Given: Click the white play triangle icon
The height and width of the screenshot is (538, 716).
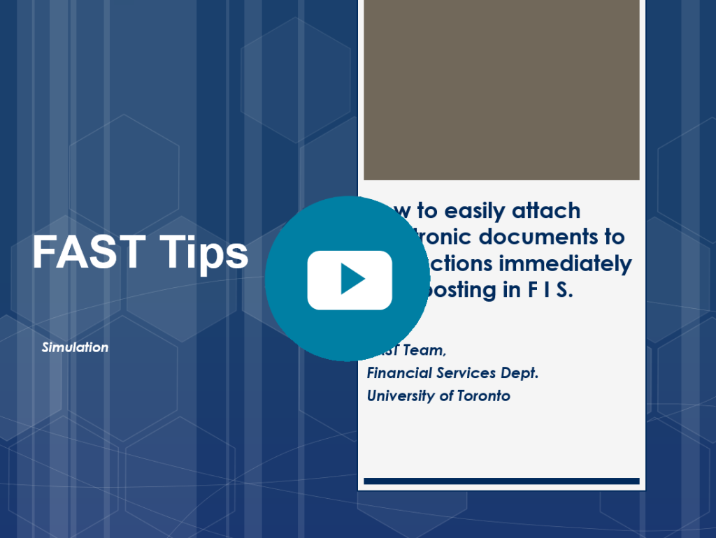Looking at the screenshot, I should [352, 279].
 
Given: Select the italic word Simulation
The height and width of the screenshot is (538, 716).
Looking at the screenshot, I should [75, 347].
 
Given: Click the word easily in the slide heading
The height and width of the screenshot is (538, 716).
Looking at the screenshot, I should [475, 210].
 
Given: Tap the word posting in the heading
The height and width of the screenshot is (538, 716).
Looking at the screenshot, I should [463, 290].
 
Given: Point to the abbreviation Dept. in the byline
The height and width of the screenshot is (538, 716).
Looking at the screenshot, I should [520, 373].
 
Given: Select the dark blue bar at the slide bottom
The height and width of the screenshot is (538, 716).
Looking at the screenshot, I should [501, 481].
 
